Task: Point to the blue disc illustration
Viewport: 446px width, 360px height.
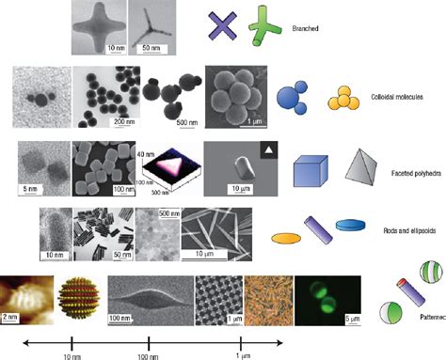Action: [x=351, y=225]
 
